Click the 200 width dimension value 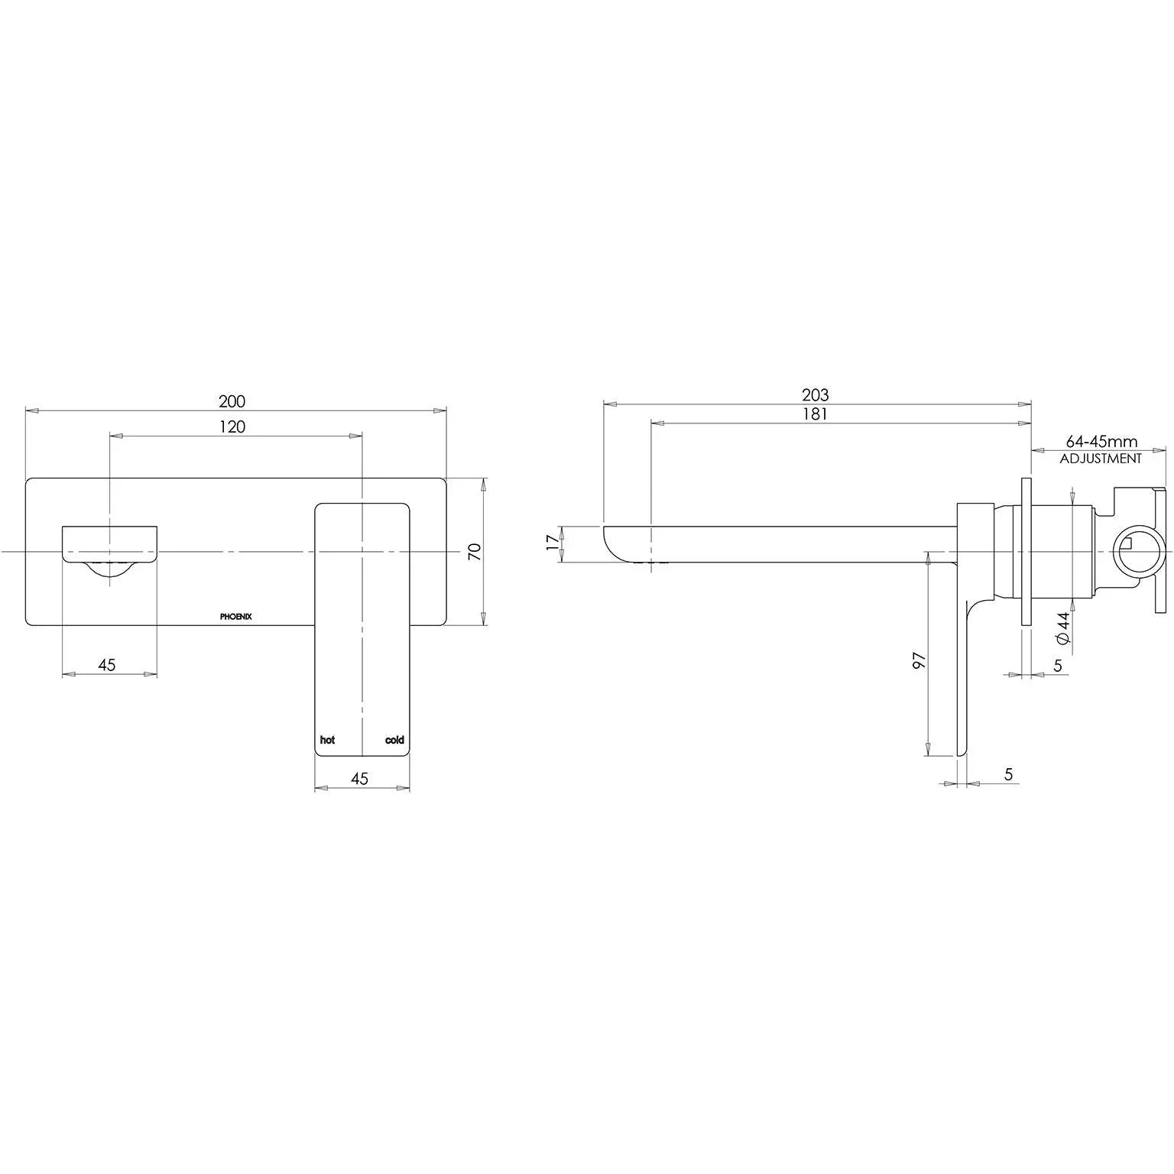pyautogui.click(x=232, y=401)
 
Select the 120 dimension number pyautogui.click(x=232, y=426)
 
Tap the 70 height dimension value pyautogui.click(x=475, y=552)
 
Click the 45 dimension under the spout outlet pyautogui.click(x=107, y=665)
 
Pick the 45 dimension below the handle pyautogui.click(x=359, y=778)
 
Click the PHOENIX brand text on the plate pyautogui.click(x=236, y=616)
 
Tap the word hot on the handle pyautogui.click(x=327, y=740)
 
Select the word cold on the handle pyautogui.click(x=394, y=740)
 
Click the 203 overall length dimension pyautogui.click(x=815, y=395)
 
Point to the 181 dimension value pyautogui.click(x=815, y=414)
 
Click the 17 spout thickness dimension pyautogui.click(x=553, y=544)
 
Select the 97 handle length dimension pyautogui.click(x=920, y=660)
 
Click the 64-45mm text pyautogui.click(x=1101, y=442)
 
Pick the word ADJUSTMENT pyautogui.click(x=1101, y=459)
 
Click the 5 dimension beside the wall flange pyautogui.click(x=1058, y=666)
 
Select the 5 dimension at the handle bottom pyautogui.click(x=1008, y=774)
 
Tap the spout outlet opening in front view pyautogui.click(x=109, y=566)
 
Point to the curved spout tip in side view pyautogui.click(x=615, y=544)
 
